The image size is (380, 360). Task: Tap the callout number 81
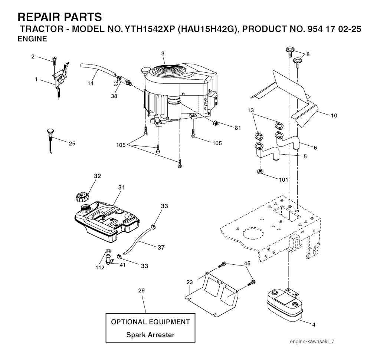(x=237, y=128)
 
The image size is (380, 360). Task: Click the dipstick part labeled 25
(x=50, y=139)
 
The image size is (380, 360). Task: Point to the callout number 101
(x=284, y=181)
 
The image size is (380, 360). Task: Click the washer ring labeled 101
(x=260, y=172)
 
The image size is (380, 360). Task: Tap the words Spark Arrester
(x=150, y=334)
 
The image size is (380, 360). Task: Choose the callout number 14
(x=91, y=83)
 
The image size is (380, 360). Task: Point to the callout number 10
(x=334, y=115)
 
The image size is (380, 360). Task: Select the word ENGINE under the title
(x=32, y=39)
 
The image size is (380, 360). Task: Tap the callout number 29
(x=141, y=290)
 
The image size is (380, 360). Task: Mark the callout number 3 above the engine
(x=163, y=54)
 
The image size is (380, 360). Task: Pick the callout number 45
(x=247, y=263)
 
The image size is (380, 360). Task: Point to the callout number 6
(x=315, y=148)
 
